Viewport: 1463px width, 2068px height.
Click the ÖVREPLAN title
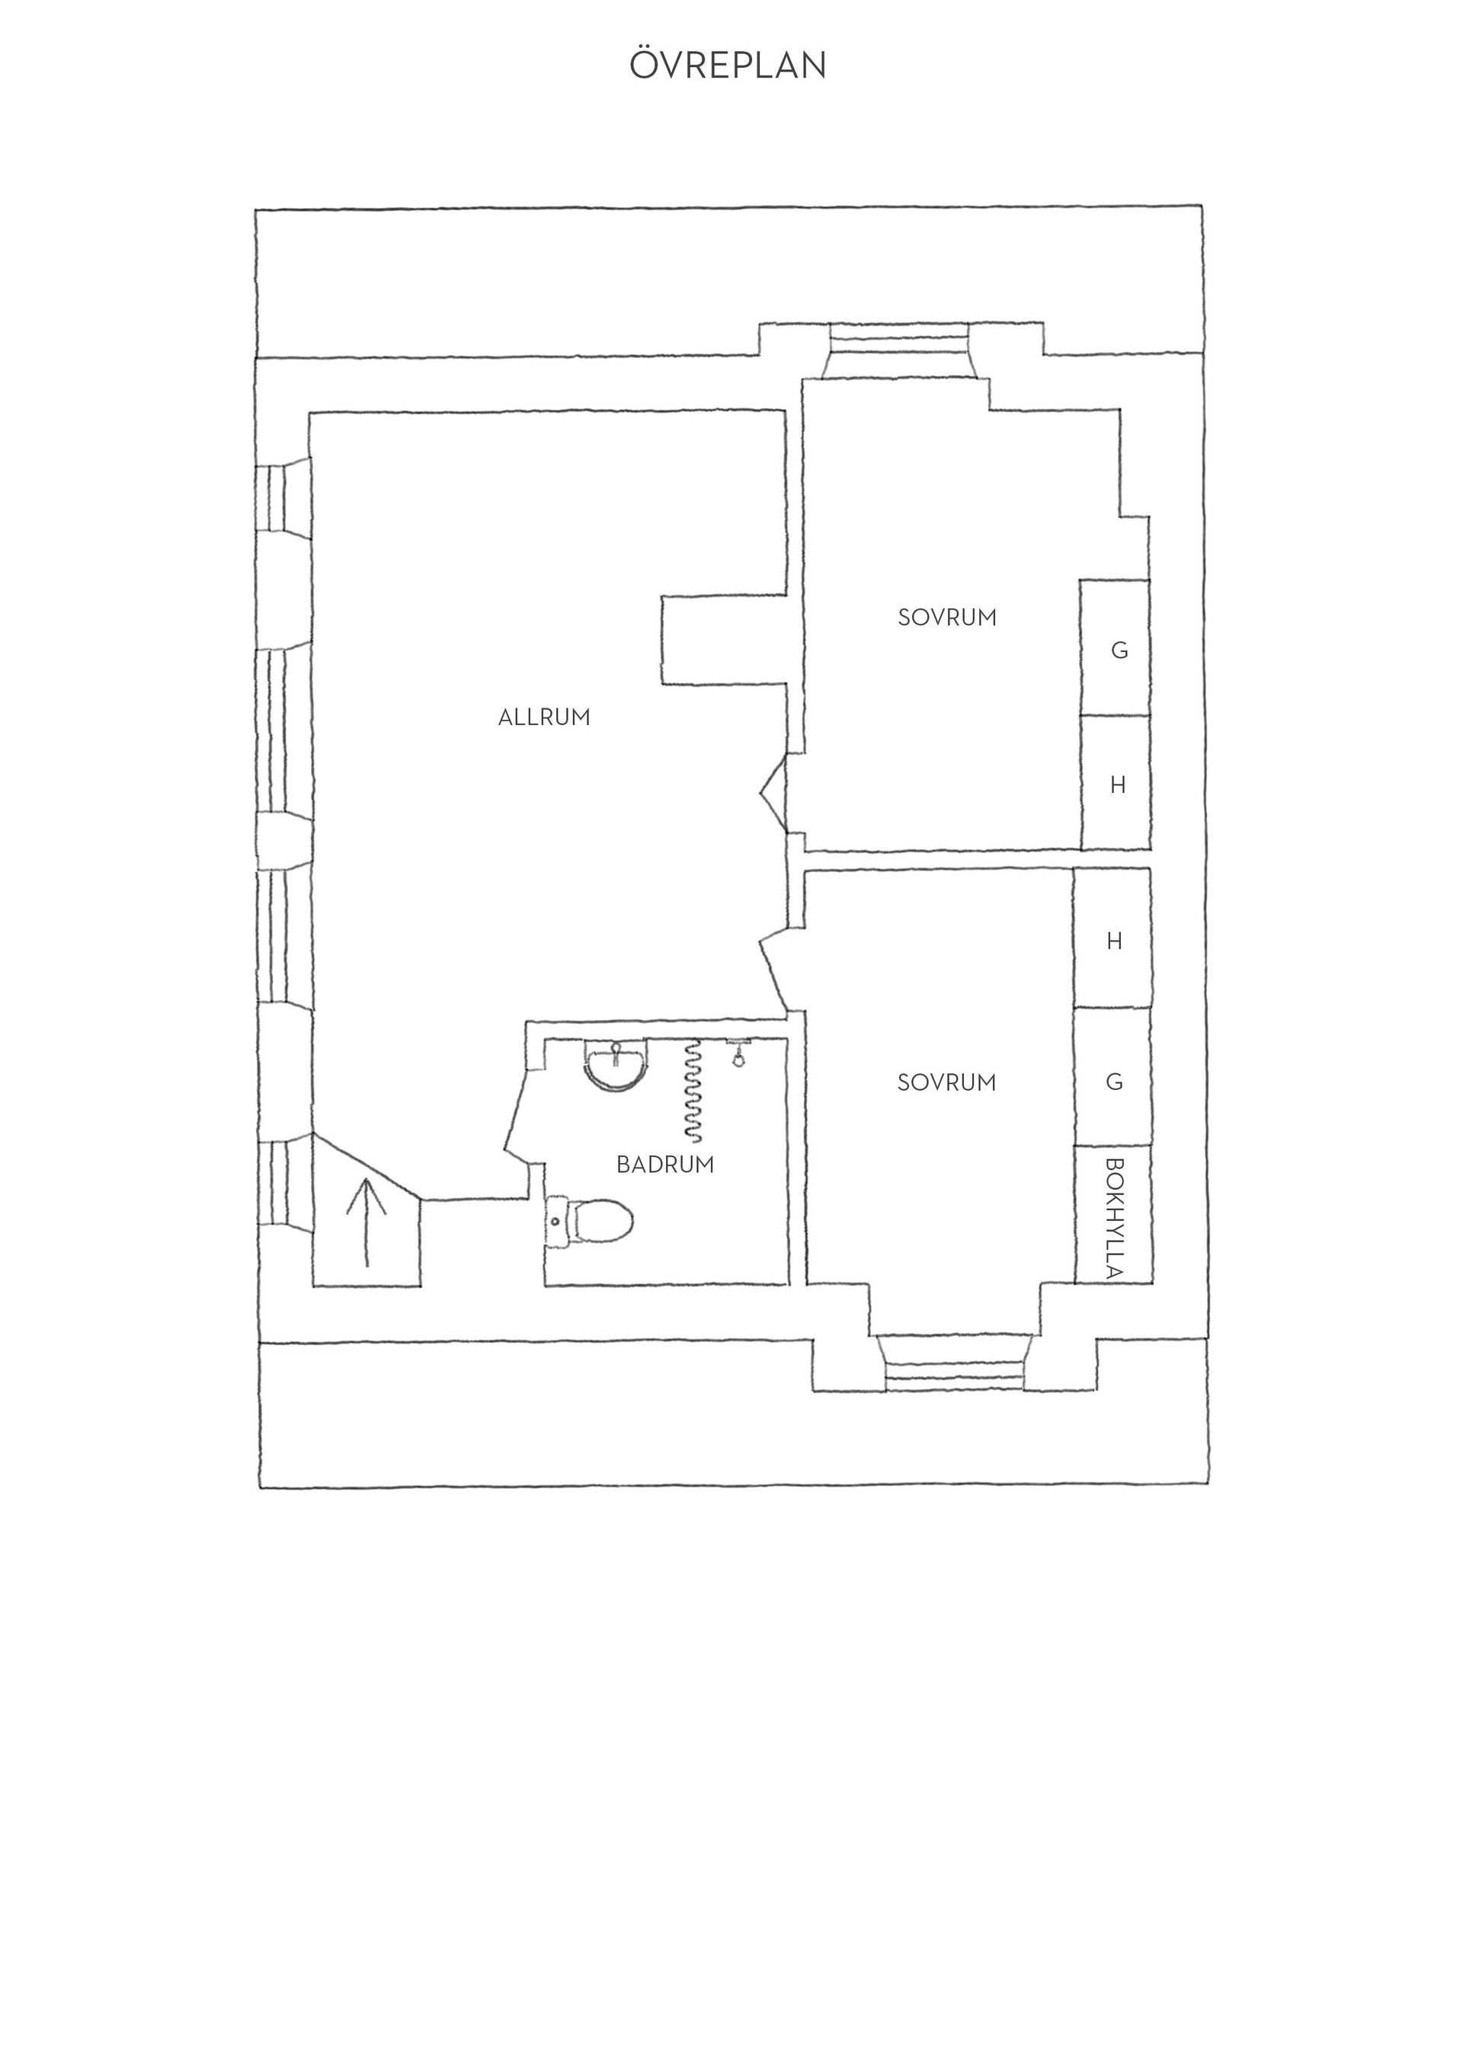[727, 65]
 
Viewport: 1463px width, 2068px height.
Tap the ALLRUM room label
[544, 718]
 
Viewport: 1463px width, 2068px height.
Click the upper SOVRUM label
[947, 618]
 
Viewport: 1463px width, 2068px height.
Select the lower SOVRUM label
[947, 1082]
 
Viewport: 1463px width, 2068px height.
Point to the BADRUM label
[665, 1165]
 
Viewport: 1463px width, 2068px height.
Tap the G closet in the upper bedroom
[1116, 648]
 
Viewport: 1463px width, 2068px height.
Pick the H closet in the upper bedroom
[1116, 784]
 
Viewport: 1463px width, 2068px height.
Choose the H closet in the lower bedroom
[1112, 938]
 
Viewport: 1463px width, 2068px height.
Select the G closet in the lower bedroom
[1112, 1077]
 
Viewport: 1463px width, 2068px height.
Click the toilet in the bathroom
[589, 1221]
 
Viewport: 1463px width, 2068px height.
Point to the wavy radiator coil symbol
[693, 1091]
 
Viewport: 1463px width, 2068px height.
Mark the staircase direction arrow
[366, 1221]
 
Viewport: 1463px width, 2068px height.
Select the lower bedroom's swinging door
[775, 968]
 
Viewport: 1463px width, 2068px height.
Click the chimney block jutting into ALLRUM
[723, 638]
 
